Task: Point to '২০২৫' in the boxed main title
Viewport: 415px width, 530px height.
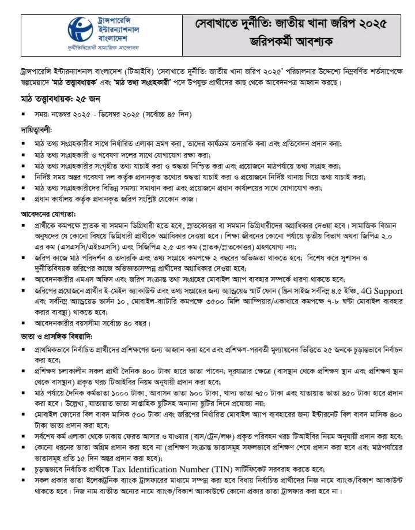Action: point(368,24)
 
